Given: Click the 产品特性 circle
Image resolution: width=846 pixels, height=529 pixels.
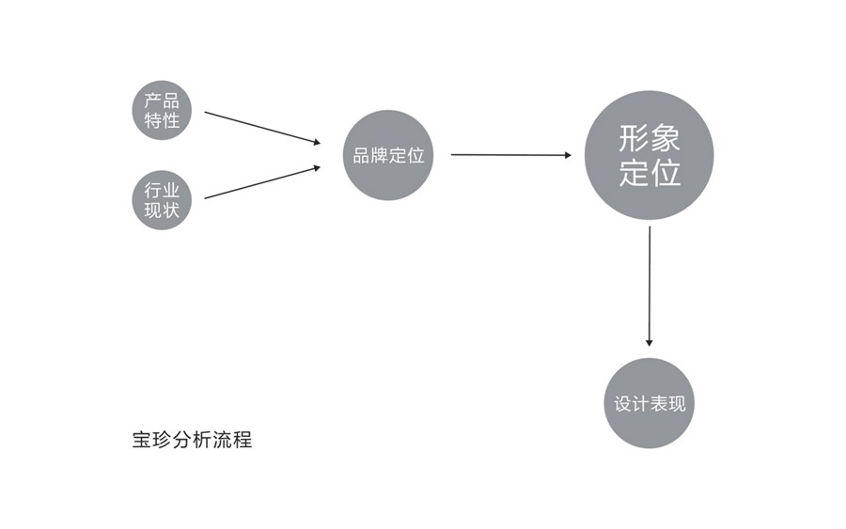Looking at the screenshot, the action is coord(162,111).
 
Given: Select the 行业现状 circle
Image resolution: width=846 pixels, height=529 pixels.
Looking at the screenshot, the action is coord(162,200).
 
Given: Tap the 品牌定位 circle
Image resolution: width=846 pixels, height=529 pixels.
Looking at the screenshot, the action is coord(388,155).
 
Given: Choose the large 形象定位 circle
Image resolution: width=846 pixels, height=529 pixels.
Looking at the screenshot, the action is coord(649,155).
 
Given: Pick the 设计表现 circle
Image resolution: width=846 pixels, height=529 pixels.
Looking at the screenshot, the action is coord(649,403).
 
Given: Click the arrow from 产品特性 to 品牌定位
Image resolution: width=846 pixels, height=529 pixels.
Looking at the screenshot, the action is coord(262,128).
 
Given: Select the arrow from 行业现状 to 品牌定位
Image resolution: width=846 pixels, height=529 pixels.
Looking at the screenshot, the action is coord(262,183).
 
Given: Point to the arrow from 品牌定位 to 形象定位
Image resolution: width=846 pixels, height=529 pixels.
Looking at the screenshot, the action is coord(511,155).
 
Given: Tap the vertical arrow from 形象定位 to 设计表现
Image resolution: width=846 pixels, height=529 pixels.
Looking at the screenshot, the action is coord(649,287).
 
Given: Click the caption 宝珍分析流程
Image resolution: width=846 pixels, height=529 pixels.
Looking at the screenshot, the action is coord(192,440).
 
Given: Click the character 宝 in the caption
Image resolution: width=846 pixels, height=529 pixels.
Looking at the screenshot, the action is coord(142,440).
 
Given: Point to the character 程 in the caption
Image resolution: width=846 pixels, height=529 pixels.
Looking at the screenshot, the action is coord(243,440).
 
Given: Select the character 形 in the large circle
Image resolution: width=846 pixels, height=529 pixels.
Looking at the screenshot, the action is coord(634,138).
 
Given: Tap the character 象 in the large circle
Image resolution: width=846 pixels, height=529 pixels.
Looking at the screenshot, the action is coord(665,138).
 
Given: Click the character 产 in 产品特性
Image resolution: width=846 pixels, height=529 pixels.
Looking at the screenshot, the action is coord(153,101).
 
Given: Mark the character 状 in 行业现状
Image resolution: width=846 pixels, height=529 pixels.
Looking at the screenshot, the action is coord(171,210).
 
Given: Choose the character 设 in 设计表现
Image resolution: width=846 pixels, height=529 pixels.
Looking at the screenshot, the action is coord(622,403).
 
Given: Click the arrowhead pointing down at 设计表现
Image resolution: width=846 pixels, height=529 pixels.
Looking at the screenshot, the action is coord(649,343).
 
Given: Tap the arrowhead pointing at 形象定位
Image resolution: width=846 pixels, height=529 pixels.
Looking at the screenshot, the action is coord(568,155).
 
